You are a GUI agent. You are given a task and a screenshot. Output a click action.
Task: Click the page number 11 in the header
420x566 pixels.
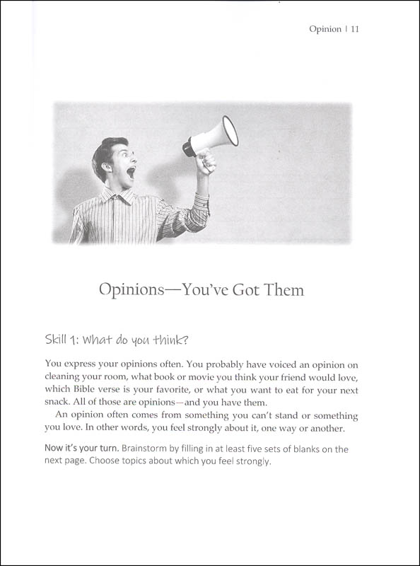tap(356, 30)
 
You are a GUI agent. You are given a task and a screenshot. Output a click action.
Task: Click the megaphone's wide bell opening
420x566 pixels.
tap(230, 132)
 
